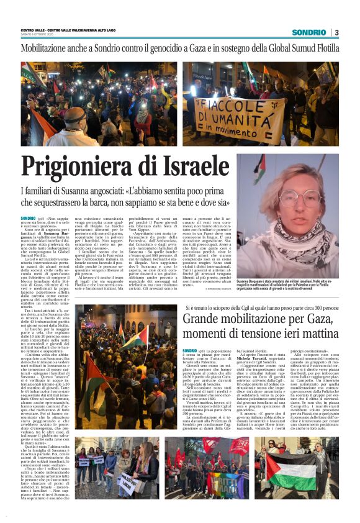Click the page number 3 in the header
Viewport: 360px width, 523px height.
coord(336,32)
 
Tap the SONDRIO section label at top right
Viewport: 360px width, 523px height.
coord(309,32)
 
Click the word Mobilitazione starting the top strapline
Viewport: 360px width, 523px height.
coord(48,48)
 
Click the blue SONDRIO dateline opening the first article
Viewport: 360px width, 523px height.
coord(28,218)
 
